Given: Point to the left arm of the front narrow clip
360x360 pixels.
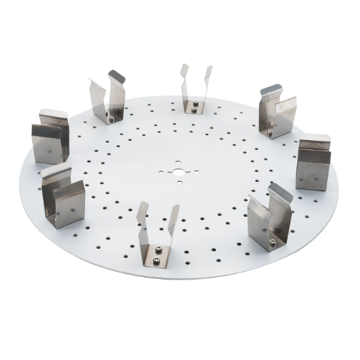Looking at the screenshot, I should (142, 219).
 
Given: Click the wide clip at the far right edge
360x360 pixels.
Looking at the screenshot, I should (312, 164).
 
